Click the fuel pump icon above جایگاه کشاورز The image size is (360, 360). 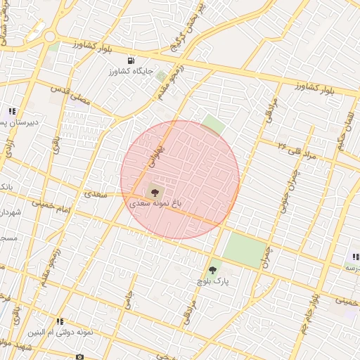tap(132, 60)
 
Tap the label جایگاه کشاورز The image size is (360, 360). tap(131, 72)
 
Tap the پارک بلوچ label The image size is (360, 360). tap(214, 281)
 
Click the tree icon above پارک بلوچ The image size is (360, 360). tap(213, 269)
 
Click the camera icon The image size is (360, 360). tap(79, 356)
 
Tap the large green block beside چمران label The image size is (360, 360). tap(245, 249)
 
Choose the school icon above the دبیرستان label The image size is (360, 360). tap(12, 111)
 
